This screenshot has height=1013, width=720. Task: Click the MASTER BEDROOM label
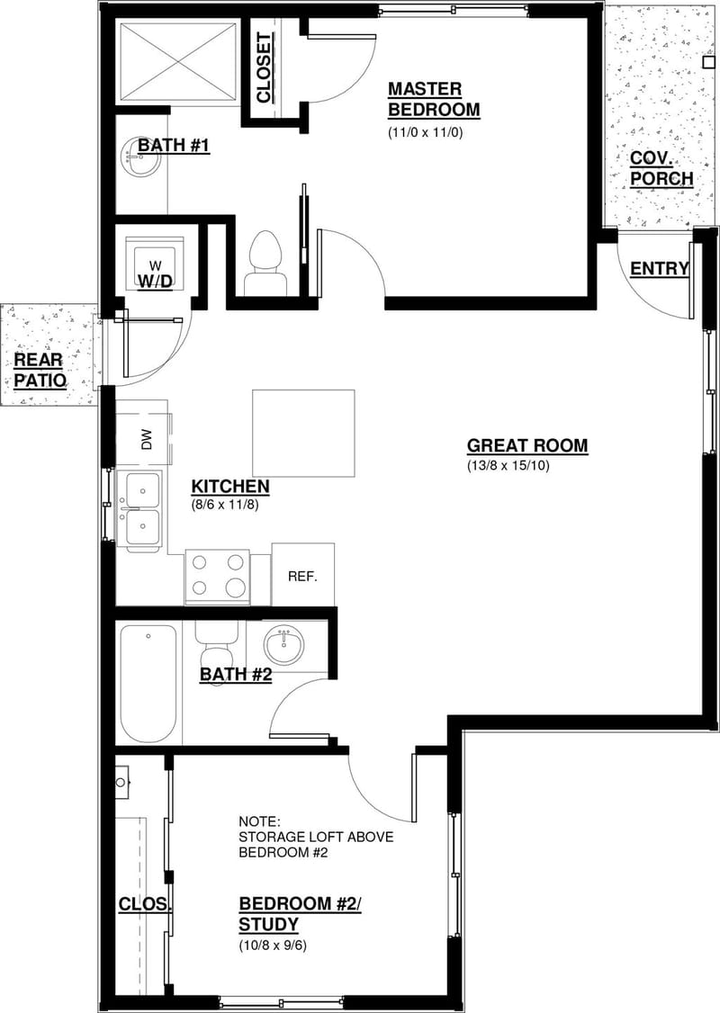pos(433,100)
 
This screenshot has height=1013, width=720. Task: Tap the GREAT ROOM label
pos(527,445)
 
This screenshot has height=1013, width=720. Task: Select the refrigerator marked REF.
pos(302,576)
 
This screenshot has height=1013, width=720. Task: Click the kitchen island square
pos(303,433)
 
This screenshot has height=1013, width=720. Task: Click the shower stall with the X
pos(177,61)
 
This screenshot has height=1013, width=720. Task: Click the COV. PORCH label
pos(661,168)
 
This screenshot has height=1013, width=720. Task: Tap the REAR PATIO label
pos(40,370)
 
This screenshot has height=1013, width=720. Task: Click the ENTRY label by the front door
pos(659,269)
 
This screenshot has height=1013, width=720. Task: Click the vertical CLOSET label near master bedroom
pos(264,67)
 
